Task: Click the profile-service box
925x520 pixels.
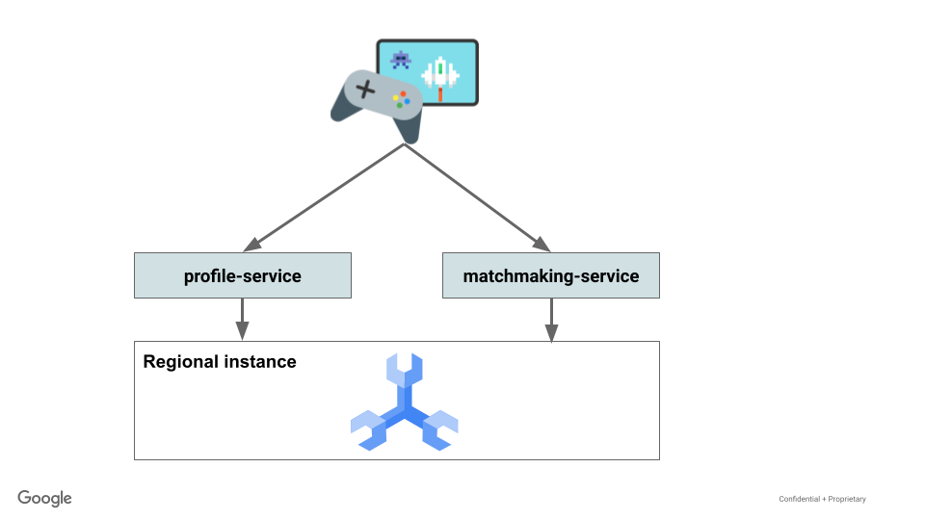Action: tap(242, 275)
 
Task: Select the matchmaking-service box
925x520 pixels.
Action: tap(550, 275)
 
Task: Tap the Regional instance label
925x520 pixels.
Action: tap(220, 362)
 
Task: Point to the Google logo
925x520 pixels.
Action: tap(44, 498)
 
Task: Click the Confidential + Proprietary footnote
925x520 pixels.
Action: tap(822, 499)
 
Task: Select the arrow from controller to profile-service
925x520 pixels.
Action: tap(323, 196)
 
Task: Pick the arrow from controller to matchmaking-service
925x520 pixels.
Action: tap(477, 196)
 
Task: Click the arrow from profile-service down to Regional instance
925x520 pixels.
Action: tap(242, 319)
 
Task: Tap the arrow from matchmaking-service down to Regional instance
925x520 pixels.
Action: tap(551, 320)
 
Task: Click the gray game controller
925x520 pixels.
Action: tap(377, 102)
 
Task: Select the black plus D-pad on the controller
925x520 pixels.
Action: tap(365, 91)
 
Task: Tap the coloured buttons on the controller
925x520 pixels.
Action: tap(401, 99)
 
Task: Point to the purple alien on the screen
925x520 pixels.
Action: tap(401, 60)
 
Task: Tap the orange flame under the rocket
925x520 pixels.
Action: tap(441, 94)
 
